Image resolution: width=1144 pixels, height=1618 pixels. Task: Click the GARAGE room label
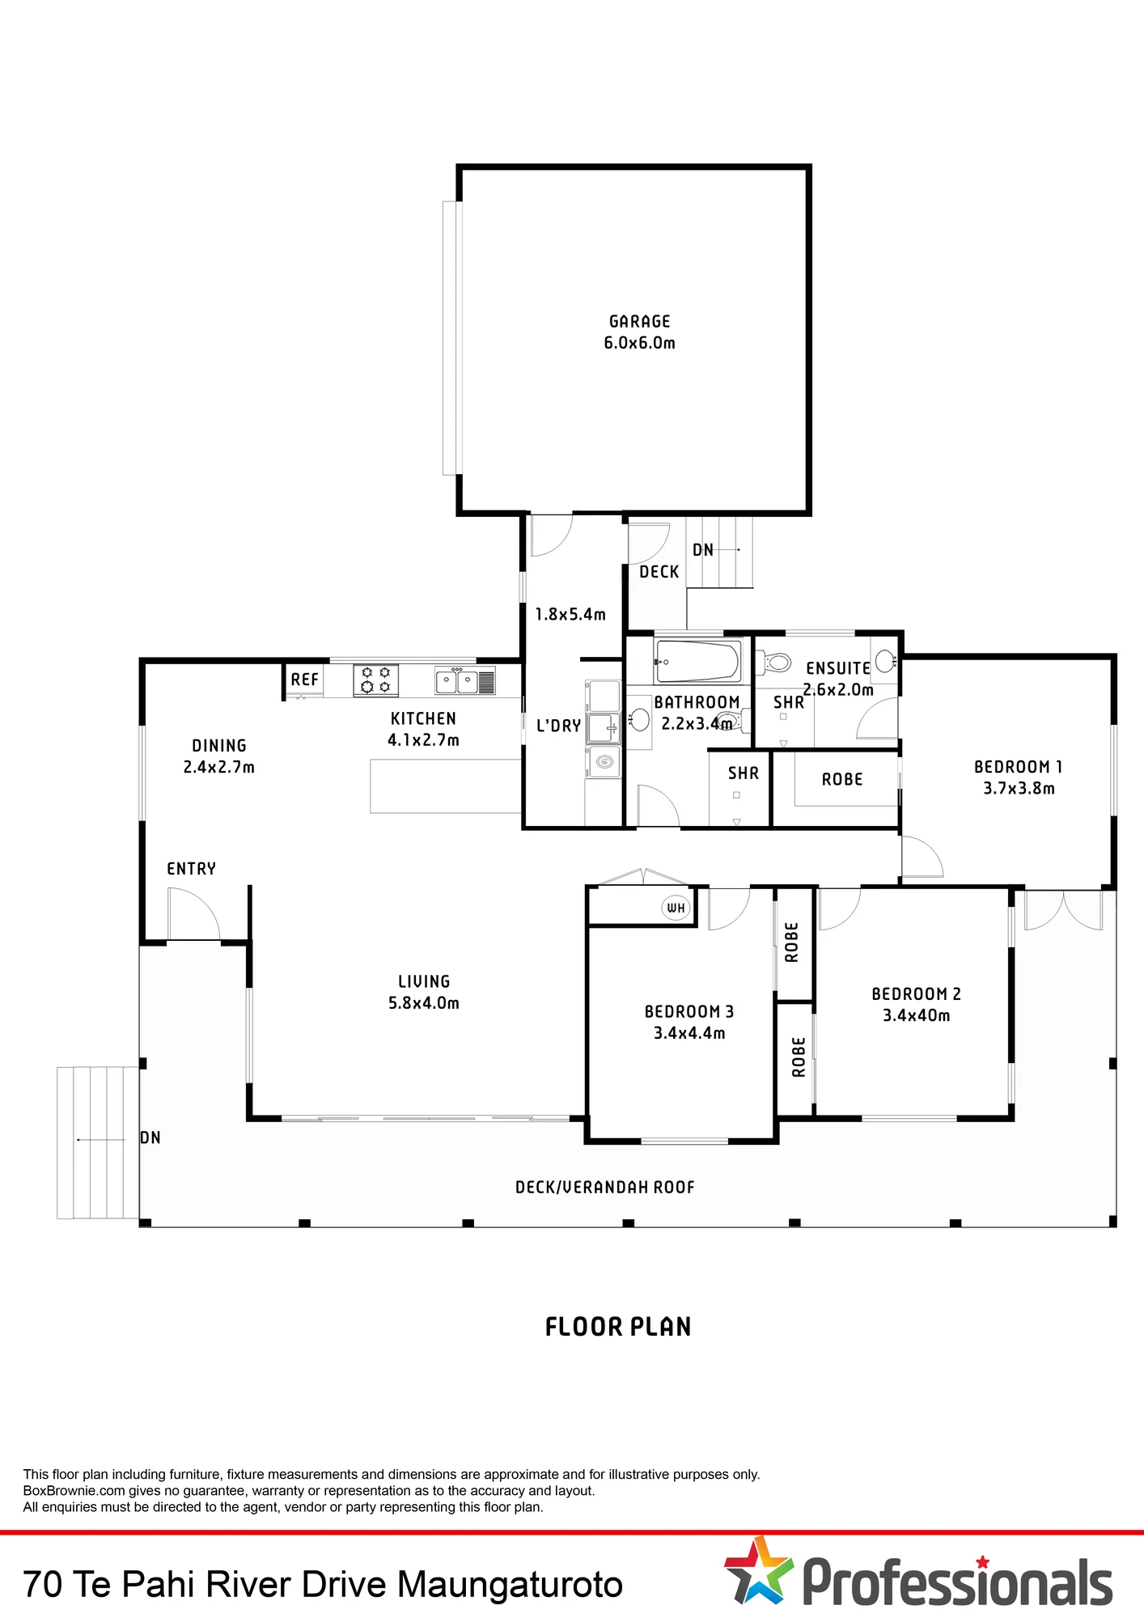click(x=639, y=321)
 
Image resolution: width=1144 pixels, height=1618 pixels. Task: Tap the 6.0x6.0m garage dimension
click(x=639, y=343)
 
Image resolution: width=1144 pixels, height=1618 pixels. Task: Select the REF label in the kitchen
click(x=304, y=680)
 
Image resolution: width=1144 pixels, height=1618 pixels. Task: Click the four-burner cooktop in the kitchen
click(x=375, y=680)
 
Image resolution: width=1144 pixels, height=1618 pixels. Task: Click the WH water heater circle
click(x=676, y=908)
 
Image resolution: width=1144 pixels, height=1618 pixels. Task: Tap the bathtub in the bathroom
click(x=697, y=661)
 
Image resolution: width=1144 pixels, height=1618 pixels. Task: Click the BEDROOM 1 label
click(x=1018, y=767)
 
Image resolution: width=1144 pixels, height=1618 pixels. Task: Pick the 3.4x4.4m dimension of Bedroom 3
click(x=689, y=1033)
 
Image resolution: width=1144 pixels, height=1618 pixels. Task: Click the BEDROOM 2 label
click(x=916, y=994)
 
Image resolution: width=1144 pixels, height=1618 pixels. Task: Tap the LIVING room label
click(x=424, y=981)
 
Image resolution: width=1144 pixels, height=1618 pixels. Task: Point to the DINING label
click(x=219, y=746)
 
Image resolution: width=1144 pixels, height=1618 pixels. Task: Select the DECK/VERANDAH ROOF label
click(x=605, y=1187)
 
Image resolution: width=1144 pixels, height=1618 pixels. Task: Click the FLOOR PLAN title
click(x=618, y=1327)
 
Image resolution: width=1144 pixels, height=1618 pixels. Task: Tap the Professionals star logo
click(x=757, y=1570)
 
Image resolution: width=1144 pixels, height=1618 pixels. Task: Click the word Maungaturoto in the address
click(x=510, y=1584)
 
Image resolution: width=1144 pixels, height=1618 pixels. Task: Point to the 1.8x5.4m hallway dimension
click(x=570, y=615)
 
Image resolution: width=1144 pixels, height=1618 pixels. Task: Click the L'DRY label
click(x=558, y=726)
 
